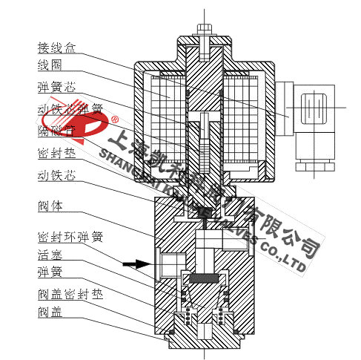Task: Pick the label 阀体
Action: tap(49, 205)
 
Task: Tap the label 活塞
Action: tap(49, 257)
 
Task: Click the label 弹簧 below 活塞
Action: tap(49, 275)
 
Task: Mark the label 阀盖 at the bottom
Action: tap(49, 313)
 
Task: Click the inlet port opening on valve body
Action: tap(165, 263)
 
